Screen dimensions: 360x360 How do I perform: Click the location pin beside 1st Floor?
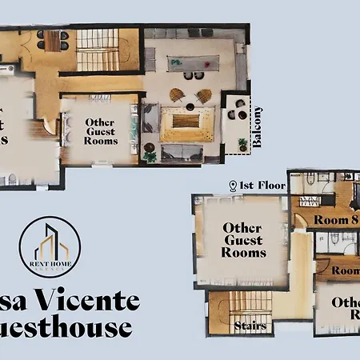click(233, 186)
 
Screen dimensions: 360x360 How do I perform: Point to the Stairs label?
click(250, 326)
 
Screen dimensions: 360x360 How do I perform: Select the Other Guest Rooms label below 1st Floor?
click(244, 240)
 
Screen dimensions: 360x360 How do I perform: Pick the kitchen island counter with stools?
click(193, 62)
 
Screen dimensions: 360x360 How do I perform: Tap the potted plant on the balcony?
click(243, 146)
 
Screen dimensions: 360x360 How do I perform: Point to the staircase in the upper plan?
click(98, 50)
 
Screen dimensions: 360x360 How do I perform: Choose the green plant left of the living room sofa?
click(149, 155)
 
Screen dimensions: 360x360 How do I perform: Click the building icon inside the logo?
click(50, 240)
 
